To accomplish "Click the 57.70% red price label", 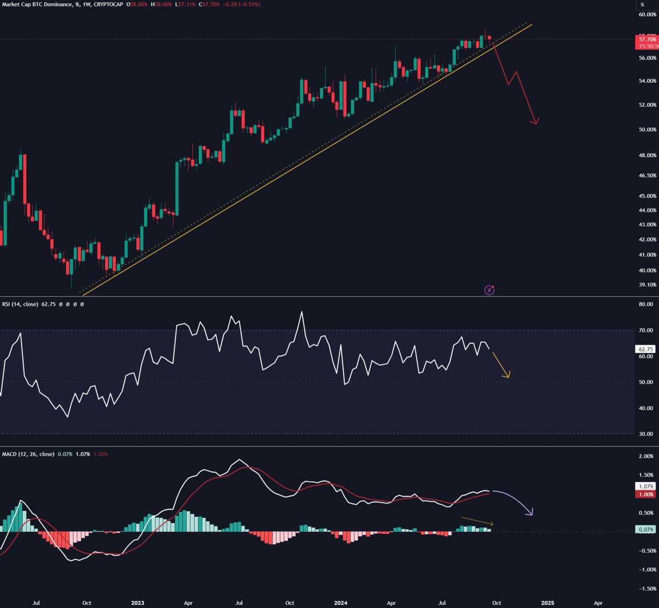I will [x=647, y=40].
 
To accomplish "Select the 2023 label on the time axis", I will [x=137, y=603].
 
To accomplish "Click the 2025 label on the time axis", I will [x=546, y=603].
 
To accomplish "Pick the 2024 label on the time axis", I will [x=341, y=603].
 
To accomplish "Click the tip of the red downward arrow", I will [x=535, y=124].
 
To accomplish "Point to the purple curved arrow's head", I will [x=530, y=514].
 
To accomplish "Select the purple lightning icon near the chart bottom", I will [x=489, y=289].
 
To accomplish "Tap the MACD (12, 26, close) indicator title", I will [x=27, y=454].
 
